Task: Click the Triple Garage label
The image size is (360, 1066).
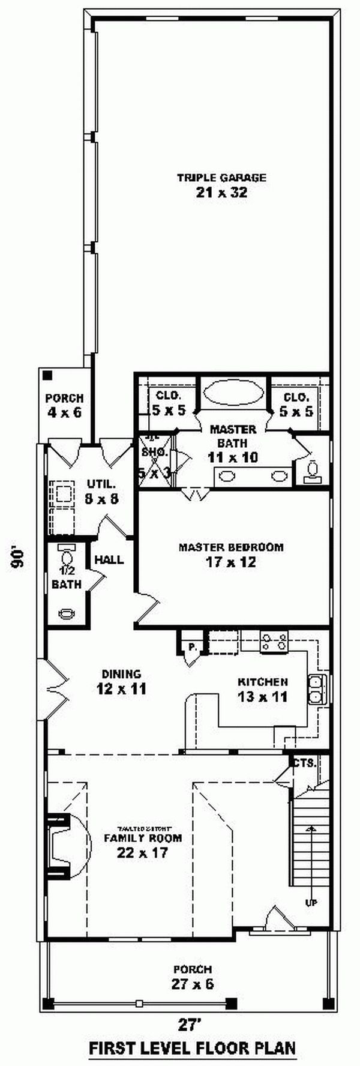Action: coord(221,177)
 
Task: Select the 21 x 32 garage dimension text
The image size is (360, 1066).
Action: coord(221,193)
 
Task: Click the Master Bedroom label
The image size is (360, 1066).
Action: coord(231,547)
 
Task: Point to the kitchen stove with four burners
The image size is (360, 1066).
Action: coord(274,642)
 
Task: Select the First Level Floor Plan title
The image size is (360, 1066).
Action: coord(192,1048)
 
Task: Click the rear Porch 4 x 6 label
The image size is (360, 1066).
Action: coord(64,405)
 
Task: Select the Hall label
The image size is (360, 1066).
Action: coord(109,560)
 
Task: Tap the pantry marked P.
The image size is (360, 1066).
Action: coord(192,647)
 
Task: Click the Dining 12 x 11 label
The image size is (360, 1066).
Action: coord(121,682)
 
